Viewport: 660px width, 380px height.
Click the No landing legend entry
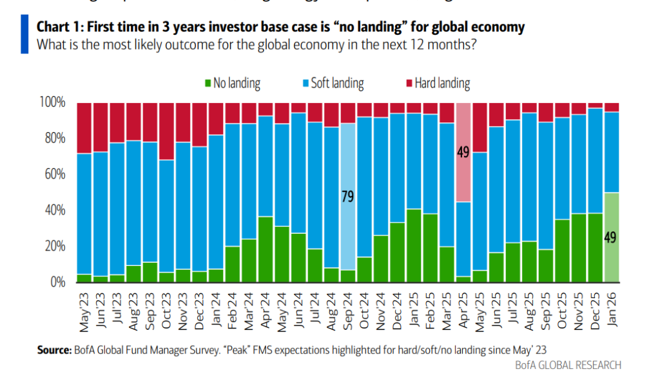[x=231, y=83]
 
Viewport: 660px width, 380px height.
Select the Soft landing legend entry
[x=333, y=83]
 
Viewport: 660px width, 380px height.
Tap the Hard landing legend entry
[x=438, y=83]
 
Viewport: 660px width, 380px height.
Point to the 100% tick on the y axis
[x=52, y=102]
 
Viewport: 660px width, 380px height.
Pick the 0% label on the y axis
[x=57, y=282]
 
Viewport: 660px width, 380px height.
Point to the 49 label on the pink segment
[x=463, y=153]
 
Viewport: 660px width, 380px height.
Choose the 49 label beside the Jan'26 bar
[x=611, y=237]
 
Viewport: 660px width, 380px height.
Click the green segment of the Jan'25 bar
[x=414, y=245]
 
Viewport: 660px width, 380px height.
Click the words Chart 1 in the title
[x=57, y=27]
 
